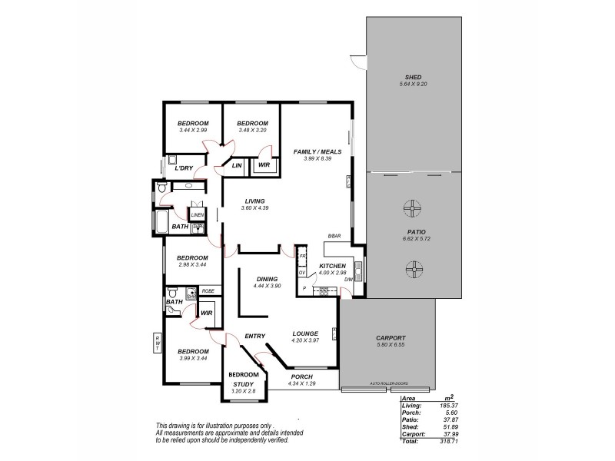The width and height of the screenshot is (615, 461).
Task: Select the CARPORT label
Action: pyautogui.click(x=391, y=338)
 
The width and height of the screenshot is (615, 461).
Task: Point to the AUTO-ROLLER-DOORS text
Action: pyautogui.click(x=388, y=383)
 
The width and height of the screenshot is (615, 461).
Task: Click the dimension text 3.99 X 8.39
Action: pyautogui.click(x=317, y=159)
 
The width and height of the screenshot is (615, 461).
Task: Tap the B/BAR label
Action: pyautogui.click(x=334, y=236)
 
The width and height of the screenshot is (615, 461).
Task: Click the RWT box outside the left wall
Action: pyautogui.click(x=158, y=344)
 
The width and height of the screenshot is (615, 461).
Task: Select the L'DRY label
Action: pyautogui.click(x=183, y=168)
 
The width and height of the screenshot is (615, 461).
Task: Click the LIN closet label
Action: pyautogui.click(x=237, y=165)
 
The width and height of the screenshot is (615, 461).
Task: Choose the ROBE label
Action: pyautogui.click(x=208, y=290)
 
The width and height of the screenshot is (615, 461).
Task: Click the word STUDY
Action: pyautogui.click(x=244, y=384)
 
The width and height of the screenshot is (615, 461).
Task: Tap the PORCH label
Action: pyautogui.click(x=302, y=376)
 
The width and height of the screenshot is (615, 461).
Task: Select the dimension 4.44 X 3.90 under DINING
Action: pyautogui.click(x=267, y=286)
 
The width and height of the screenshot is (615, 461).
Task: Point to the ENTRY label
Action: pyautogui.click(x=254, y=336)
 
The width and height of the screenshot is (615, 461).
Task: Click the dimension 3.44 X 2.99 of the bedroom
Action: pyautogui.click(x=193, y=130)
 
